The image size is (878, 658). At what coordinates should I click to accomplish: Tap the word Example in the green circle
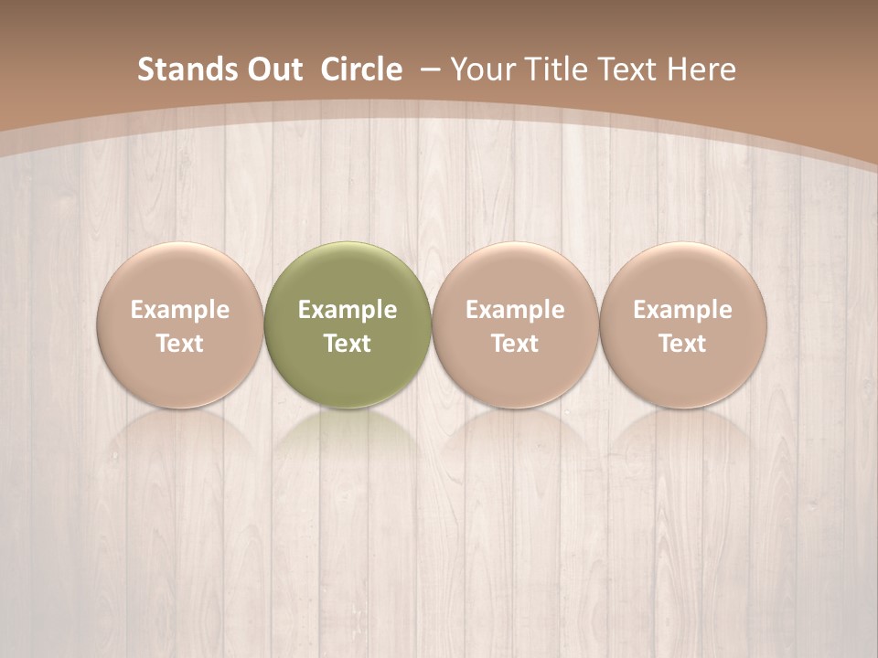(348, 310)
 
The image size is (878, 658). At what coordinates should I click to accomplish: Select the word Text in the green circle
(348, 344)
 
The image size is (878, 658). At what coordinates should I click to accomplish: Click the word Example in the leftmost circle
(180, 310)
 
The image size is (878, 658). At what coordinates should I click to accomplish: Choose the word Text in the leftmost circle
(180, 344)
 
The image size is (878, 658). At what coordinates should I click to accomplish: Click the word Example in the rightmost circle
(683, 310)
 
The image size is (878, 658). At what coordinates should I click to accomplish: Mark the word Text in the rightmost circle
(683, 344)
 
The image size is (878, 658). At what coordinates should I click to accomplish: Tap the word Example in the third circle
(515, 310)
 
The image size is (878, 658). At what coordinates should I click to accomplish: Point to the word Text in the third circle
(515, 344)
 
